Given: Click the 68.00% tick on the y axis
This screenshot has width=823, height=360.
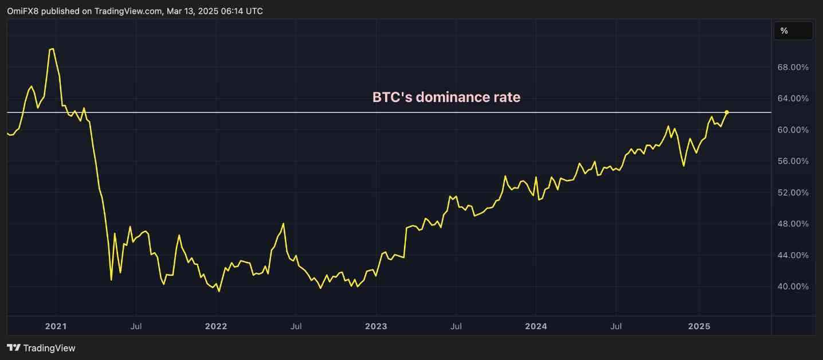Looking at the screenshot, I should point(791,67).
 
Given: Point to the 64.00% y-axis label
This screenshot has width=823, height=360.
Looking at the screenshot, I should point(791,99).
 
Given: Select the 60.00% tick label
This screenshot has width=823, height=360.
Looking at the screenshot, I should point(791,130).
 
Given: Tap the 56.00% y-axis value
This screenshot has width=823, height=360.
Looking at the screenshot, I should point(791,161).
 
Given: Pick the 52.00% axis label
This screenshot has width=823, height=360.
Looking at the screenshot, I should point(791,193).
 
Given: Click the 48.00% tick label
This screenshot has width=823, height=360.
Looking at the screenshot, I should point(791,224).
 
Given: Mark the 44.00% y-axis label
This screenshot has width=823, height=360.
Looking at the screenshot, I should point(791,255).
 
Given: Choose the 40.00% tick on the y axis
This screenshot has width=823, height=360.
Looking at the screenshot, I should point(791,286).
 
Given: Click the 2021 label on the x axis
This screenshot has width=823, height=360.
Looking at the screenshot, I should point(56,326).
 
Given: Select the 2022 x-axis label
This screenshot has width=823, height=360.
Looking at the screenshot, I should point(216,326).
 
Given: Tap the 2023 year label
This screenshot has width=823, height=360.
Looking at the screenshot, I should point(376,326).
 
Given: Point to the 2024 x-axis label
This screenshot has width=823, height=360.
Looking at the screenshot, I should point(535,326).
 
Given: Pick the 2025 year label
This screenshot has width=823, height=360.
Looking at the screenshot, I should point(699,326).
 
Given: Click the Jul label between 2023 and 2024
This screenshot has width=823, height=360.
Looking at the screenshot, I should point(456,326).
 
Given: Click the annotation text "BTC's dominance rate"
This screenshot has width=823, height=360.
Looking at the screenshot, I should point(446,97).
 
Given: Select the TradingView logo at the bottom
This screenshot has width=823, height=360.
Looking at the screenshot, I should point(41,348).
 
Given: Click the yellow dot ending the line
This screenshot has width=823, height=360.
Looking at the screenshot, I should point(727,112).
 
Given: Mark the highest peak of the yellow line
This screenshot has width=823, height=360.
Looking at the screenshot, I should point(52,49).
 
